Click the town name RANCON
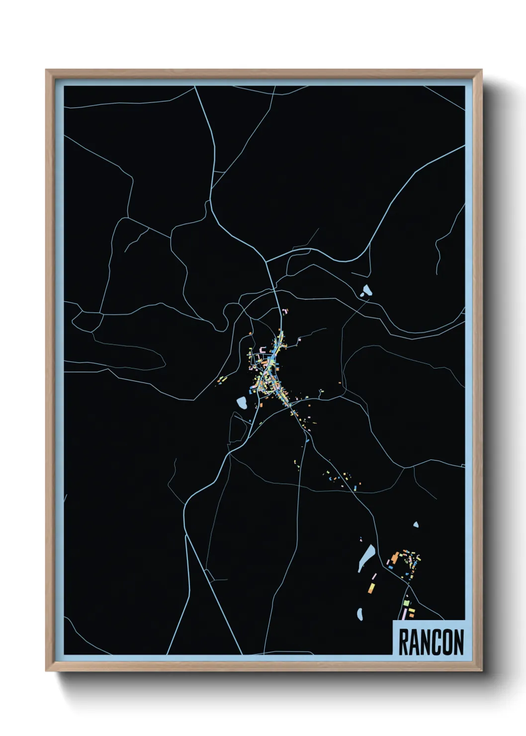[431, 642]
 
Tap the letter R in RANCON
[404, 642]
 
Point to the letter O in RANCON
[446, 642]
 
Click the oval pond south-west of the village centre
[243, 403]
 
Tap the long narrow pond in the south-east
[367, 557]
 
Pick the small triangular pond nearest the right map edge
[416, 524]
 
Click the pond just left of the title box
[359, 615]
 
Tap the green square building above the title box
[406, 603]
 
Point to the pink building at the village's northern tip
[285, 311]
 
